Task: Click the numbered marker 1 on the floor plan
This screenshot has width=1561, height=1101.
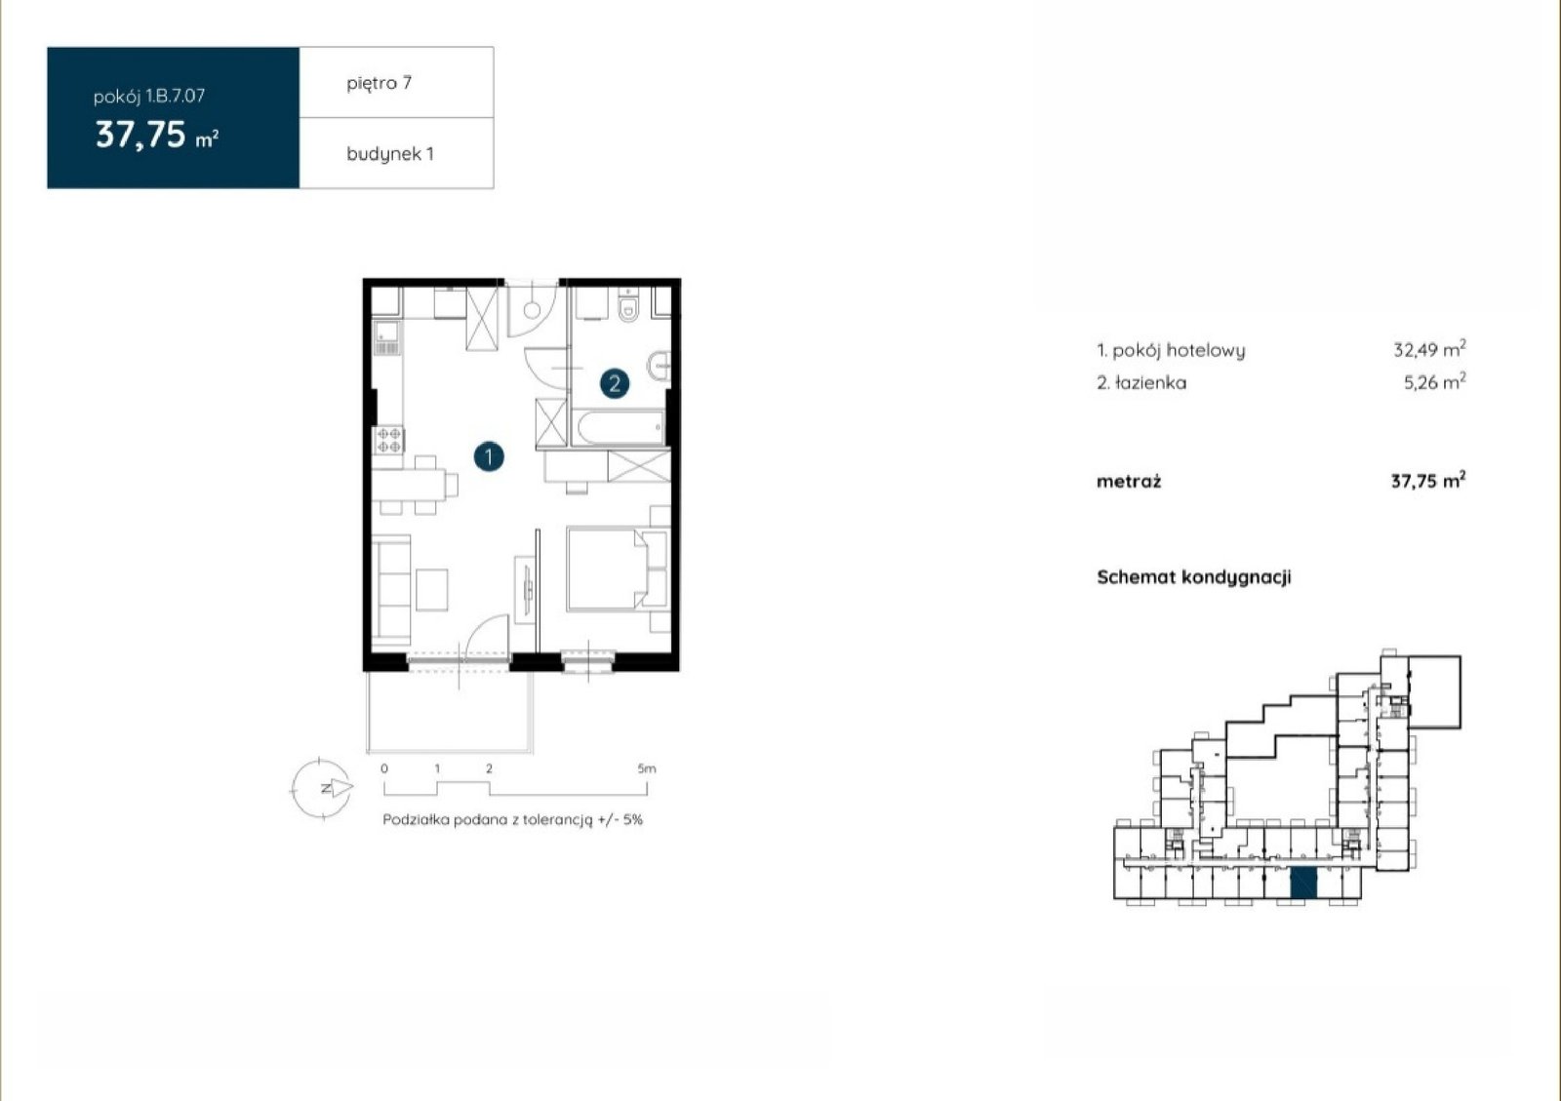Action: click(489, 456)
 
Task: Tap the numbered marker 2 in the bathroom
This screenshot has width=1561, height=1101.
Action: click(615, 383)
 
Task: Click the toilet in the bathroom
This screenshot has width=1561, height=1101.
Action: click(628, 306)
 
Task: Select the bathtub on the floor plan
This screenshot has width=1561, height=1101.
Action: click(619, 427)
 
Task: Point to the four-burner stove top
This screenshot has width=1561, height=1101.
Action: click(389, 440)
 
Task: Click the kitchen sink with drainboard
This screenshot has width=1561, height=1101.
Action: click(387, 337)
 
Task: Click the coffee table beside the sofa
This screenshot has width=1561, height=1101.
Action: click(432, 590)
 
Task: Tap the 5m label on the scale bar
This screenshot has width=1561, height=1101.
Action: click(647, 768)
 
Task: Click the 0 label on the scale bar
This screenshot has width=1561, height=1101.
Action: click(384, 768)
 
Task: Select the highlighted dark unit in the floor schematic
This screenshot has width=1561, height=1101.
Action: click(1303, 884)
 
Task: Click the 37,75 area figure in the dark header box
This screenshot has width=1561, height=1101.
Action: click(140, 135)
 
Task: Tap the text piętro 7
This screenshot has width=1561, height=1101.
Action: click(380, 84)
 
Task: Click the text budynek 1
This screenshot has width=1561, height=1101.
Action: click(390, 154)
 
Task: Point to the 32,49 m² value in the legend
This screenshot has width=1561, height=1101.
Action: click(1429, 348)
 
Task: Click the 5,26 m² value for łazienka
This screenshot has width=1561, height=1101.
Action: click(1434, 381)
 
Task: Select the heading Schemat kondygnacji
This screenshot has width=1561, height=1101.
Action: click(1194, 577)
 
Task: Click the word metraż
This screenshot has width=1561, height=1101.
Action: click(1129, 481)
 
